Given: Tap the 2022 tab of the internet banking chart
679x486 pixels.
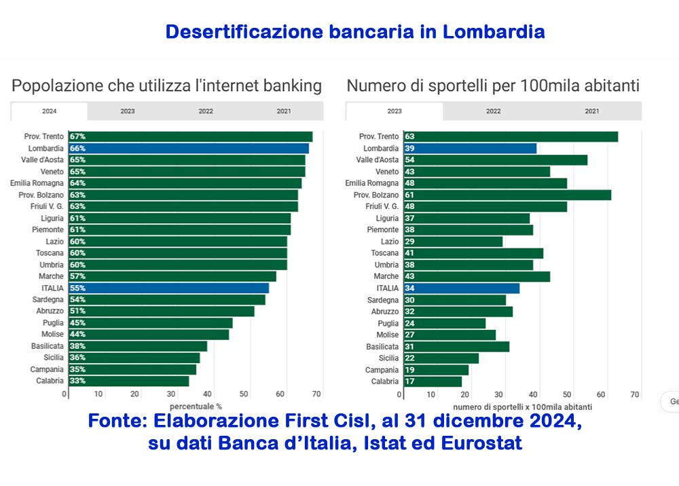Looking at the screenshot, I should coord(206,111).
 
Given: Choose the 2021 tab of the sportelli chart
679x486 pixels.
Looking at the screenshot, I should coord(591,111).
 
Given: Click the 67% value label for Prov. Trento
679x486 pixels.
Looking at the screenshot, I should coord(77,136).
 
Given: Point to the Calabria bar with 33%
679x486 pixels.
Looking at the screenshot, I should coord(129,381).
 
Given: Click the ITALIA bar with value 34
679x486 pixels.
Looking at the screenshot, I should coord(462,288).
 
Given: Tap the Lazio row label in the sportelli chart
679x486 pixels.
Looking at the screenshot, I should coord(390,242).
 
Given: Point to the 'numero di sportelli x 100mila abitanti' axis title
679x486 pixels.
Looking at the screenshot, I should coord(522,407).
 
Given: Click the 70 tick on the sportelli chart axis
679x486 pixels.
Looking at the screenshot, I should coord(635,394).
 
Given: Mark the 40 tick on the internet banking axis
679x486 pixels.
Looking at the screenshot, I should coord(208,394).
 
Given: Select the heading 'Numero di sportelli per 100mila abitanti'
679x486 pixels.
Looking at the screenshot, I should coord(493,86).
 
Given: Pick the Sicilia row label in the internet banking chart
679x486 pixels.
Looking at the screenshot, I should coord(51,358).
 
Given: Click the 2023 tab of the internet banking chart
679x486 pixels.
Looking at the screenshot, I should coord(128,111).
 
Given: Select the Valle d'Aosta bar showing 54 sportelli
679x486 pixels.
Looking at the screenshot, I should coord(496,160).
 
